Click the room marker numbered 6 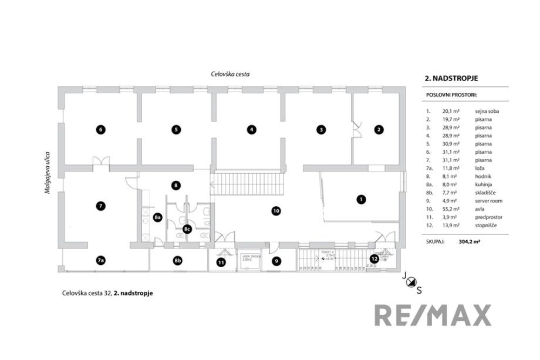click(x=101, y=129)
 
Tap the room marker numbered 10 click(x=276, y=210)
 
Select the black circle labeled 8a click(x=157, y=217)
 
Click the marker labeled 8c click(x=187, y=228)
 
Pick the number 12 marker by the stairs click(x=374, y=258)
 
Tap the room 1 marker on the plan click(x=361, y=199)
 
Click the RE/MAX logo click(x=433, y=315)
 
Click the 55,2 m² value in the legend click(x=451, y=208)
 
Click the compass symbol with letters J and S click(x=410, y=281)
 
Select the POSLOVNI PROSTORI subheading click(x=451, y=94)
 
